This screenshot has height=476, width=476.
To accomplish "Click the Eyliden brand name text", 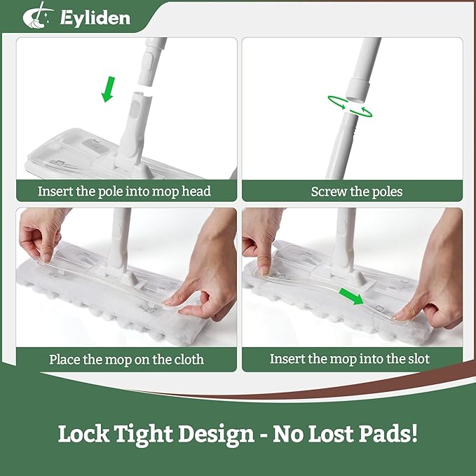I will (x=95, y=17).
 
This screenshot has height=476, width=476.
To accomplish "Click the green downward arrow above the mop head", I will (x=108, y=90).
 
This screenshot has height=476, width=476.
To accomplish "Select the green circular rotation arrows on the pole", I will (x=349, y=105).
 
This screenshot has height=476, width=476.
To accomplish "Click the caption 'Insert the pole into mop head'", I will (x=124, y=191).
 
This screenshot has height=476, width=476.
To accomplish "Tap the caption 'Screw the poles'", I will (x=357, y=191).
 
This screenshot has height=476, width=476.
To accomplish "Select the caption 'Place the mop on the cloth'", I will (x=126, y=360).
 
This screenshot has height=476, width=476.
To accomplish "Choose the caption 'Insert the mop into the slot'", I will (x=349, y=360).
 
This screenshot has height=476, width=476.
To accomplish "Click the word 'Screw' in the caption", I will (x=327, y=191).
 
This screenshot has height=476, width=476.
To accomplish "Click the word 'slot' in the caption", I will (x=418, y=360).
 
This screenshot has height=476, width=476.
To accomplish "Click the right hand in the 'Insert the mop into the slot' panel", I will (x=434, y=280).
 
